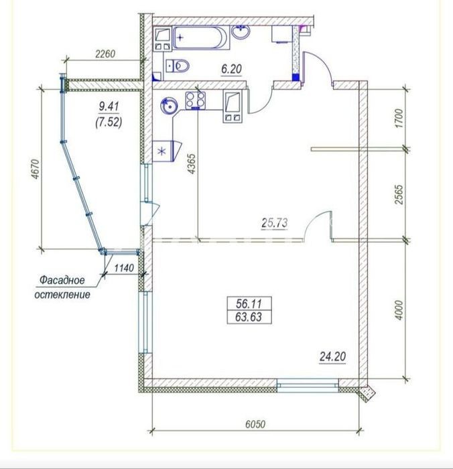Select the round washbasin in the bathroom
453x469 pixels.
coord(241,31)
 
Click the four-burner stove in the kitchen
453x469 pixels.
coord(196,100)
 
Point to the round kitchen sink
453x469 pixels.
coord(169,106)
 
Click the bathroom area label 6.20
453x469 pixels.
coord(232,69)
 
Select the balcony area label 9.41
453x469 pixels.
coord(109,106)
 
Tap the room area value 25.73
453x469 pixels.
coord(275,223)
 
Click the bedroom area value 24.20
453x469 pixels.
coord(333,356)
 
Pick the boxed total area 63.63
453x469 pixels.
coord(249,317)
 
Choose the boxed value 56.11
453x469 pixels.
coord(249,304)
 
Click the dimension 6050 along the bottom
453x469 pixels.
coord(255,424)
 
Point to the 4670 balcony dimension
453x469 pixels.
coord(36,170)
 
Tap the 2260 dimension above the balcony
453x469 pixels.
coord(105,54)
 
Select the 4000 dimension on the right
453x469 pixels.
coord(400,310)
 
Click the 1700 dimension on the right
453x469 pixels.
coord(399,119)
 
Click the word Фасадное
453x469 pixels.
coord(62,280)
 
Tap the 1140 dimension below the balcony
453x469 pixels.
coord(124,268)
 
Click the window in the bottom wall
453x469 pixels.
coord(308,385)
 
